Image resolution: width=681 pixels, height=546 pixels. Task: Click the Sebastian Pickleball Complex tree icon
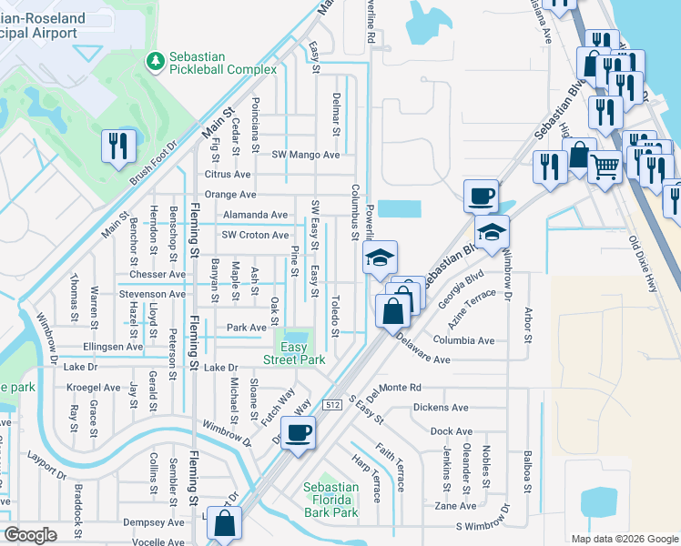155,61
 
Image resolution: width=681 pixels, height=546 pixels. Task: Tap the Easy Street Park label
292,354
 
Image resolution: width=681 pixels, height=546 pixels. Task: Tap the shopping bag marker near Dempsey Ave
224,524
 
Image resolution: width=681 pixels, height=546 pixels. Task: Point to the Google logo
31,535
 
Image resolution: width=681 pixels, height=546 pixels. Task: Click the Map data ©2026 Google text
624,539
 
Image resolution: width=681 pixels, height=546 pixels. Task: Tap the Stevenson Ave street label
151,294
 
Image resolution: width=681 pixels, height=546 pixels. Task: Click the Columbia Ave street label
463,340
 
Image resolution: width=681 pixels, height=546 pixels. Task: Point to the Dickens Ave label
440,408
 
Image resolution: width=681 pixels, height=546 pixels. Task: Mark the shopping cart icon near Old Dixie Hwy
604,166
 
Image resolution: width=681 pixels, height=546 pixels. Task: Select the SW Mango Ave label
306,155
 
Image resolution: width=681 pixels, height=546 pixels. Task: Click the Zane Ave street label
455,506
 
